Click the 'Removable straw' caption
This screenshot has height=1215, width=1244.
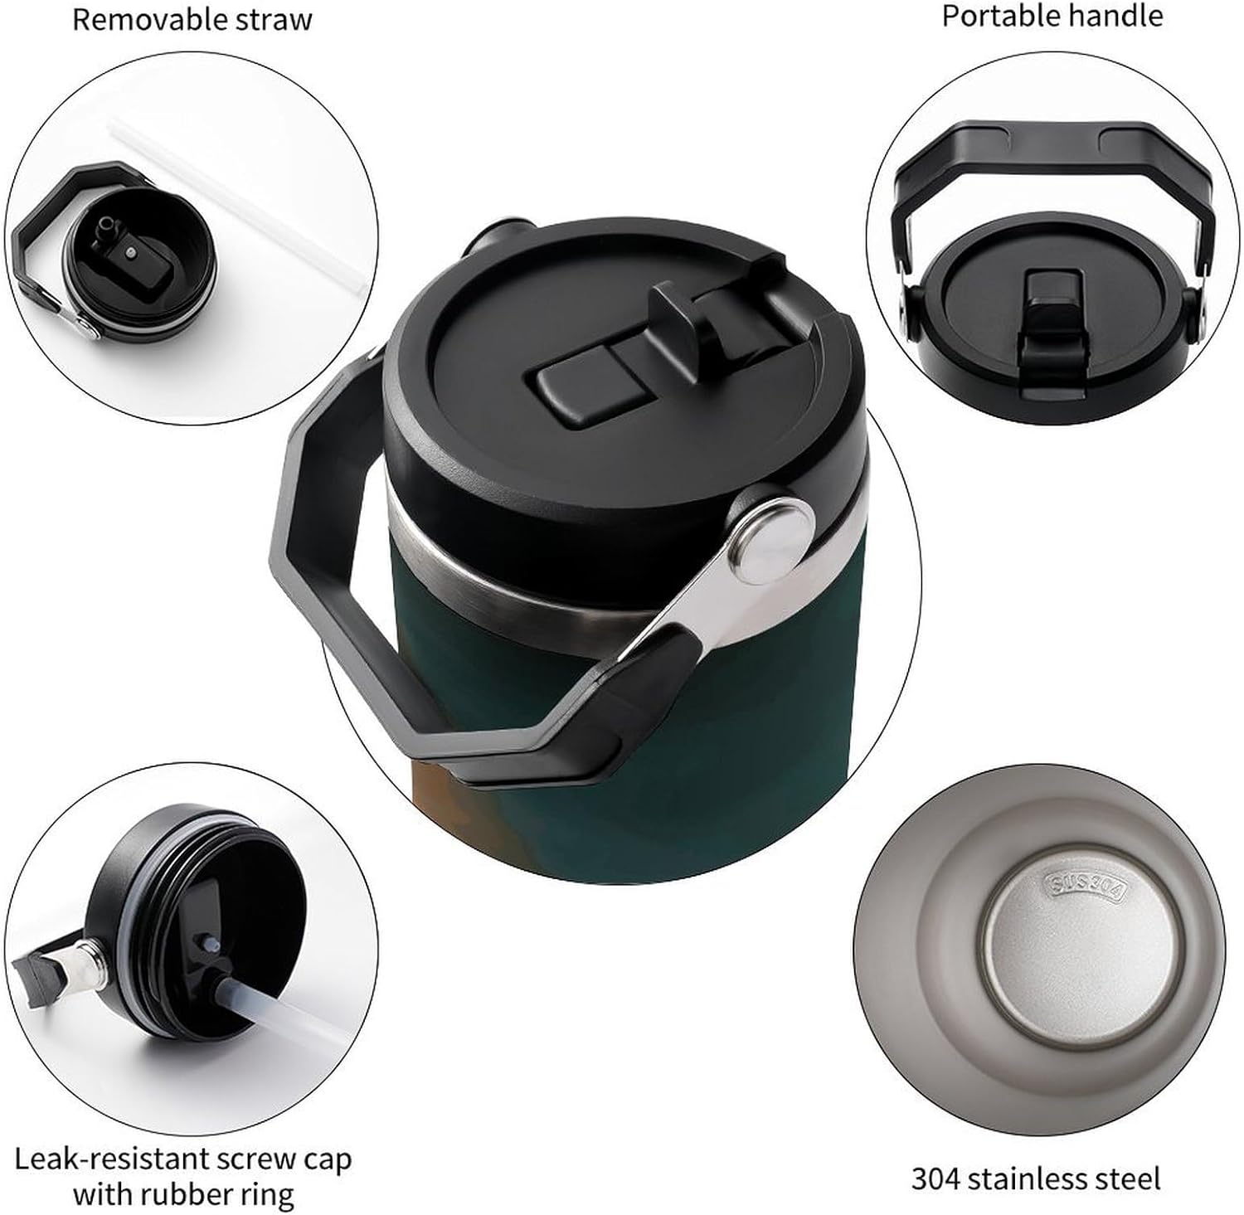192,19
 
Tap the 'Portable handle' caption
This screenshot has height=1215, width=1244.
1052,16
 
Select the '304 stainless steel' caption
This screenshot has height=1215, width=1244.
1036,1178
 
